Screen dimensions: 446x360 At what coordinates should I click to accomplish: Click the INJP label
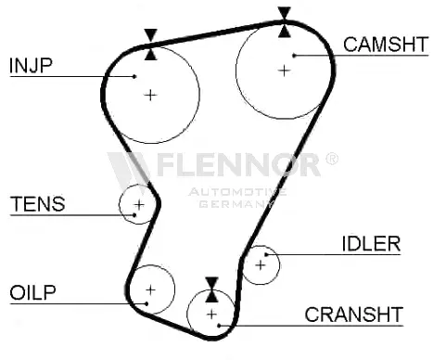(31, 65)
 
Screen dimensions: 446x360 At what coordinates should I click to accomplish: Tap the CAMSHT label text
(386, 45)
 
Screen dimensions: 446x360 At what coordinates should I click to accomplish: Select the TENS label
(38, 204)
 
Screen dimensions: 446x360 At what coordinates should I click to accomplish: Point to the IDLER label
(371, 243)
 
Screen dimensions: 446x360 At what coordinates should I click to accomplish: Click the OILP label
(32, 292)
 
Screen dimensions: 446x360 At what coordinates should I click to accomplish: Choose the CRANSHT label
(354, 315)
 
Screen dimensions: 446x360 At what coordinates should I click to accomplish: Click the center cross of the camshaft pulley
(284, 71)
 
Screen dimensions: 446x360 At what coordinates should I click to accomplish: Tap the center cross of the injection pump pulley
(150, 95)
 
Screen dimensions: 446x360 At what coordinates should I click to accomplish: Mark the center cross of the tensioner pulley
(139, 204)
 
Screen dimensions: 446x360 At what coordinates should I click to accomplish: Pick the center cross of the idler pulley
(261, 265)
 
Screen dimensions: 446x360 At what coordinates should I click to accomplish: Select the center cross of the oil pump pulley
(151, 289)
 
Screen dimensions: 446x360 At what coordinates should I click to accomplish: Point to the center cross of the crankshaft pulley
(211, 315)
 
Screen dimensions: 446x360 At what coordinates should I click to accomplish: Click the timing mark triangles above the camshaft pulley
(285, 22)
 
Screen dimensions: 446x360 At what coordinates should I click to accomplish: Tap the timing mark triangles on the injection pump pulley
(151, 45)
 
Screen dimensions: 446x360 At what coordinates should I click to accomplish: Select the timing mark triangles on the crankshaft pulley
(211, 289)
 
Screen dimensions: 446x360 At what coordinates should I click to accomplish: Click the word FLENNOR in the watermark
(238, 164)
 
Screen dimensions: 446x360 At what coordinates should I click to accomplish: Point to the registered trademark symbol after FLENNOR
(331, 159)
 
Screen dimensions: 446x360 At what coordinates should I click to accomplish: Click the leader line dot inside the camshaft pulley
(294, 56)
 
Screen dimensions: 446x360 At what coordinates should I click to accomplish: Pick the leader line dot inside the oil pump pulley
(147, 303)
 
